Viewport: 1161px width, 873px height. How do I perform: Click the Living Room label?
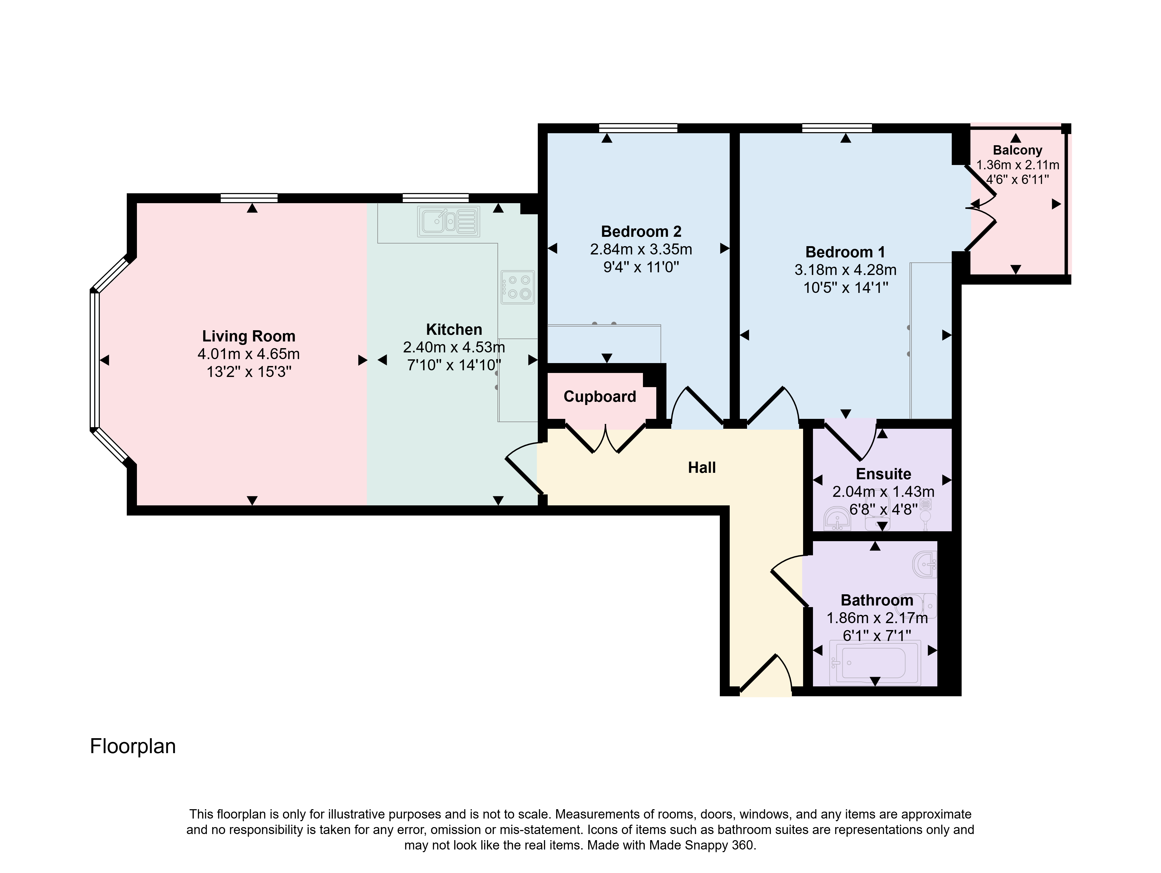click(x=249, y=336)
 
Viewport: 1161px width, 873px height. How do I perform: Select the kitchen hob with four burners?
click(x=518, y=287)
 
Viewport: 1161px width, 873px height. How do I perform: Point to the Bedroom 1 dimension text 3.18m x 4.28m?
click(x=846, y=270)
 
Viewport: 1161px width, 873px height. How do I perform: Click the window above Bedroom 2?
click(x=638, y=128)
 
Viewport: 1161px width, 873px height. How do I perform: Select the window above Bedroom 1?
click(x=837, y=128)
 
